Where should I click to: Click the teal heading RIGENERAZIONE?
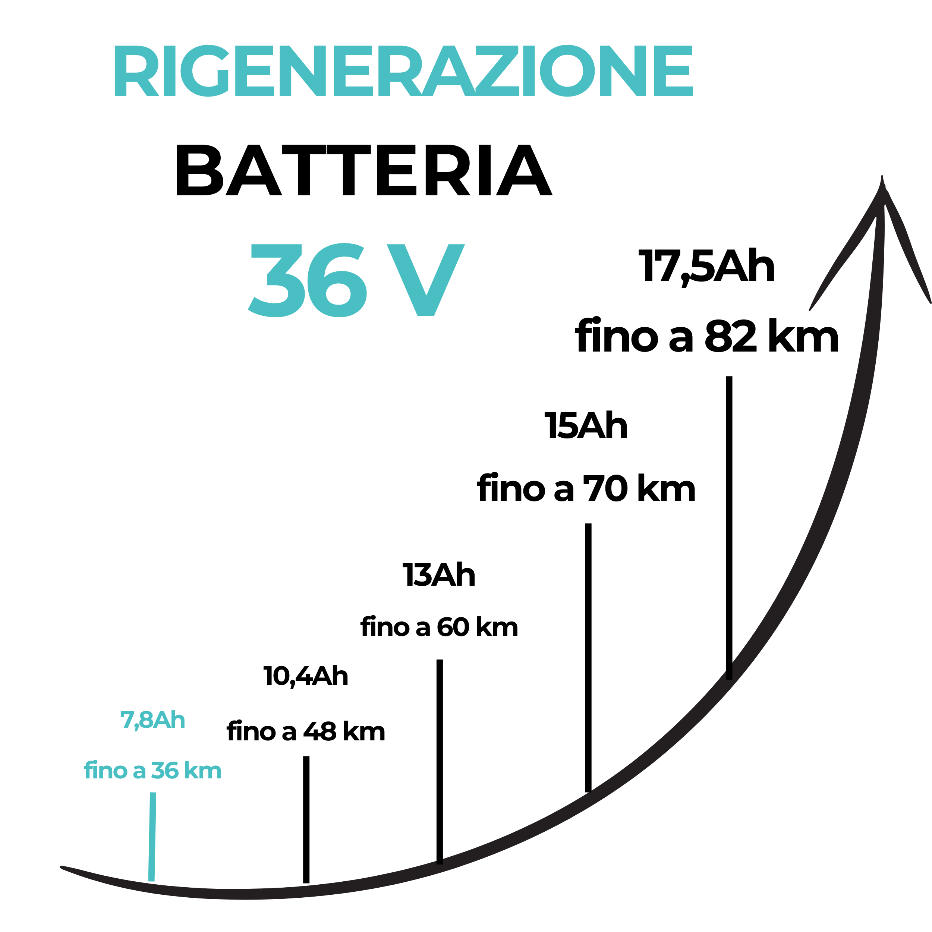coord(403,70)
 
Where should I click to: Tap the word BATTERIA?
coord(364,170)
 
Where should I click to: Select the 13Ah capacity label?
coord(439,574)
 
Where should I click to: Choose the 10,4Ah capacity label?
coord(306,676)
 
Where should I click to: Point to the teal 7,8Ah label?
coord(152,720)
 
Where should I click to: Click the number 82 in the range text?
coord(731,337)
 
